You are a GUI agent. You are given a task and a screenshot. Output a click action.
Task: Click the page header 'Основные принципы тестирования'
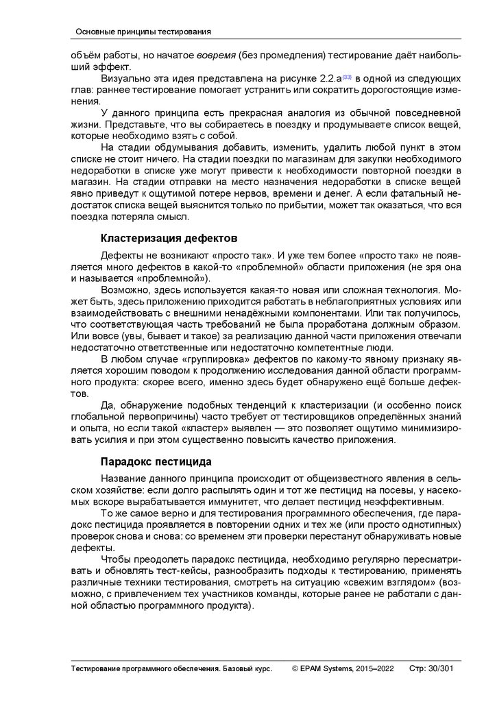(143, 32)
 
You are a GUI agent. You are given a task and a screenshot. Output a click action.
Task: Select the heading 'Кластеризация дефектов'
(169, 239)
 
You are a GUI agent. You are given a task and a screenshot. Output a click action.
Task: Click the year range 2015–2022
(375, 668)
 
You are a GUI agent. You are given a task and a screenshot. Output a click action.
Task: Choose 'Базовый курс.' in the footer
(243, 668)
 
